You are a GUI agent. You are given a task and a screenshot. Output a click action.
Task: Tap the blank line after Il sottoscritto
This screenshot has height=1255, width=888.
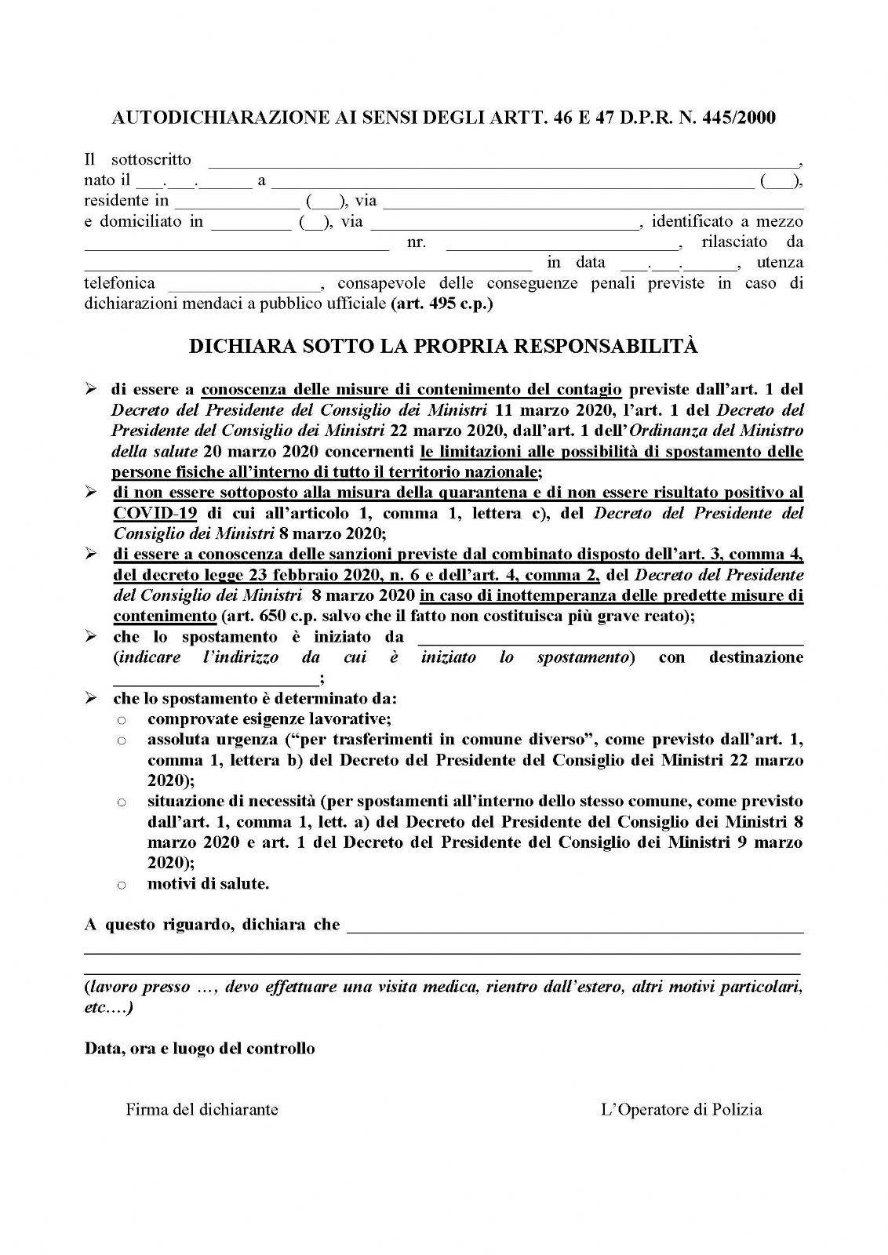pos(502,163)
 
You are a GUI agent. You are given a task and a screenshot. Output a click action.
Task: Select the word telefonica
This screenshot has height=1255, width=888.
pos(119,283)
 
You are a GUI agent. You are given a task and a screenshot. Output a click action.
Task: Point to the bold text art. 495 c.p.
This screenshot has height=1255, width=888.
pos(442,304)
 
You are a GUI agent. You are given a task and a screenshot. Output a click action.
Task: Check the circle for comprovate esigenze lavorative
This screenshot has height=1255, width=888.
pos(122,719)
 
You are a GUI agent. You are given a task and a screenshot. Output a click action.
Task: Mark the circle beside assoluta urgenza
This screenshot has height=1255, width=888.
pos(122,740)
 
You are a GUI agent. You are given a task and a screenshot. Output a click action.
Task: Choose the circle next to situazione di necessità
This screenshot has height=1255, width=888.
pos(122,802)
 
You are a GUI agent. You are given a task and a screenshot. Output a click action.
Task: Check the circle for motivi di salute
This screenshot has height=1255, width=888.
pos(122,885)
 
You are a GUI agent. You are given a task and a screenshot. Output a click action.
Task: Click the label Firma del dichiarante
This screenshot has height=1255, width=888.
pos(202,1109)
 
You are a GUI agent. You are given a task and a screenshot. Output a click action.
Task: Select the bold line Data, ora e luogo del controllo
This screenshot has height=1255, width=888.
pos(200,1049)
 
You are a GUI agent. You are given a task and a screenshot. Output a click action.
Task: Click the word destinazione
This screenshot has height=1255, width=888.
pos(756,657)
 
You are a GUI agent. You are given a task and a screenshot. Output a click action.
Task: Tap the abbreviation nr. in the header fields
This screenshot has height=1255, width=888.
pos(417,242)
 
